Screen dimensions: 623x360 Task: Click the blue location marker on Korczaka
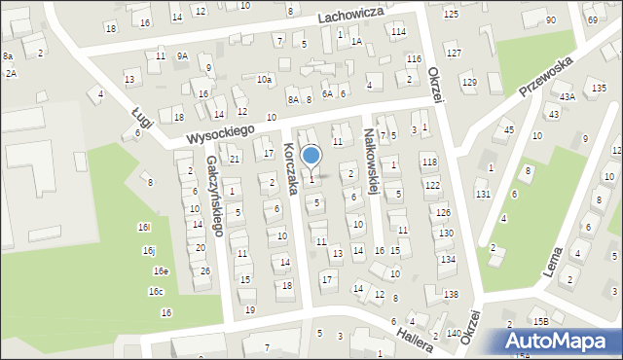click(311, 156)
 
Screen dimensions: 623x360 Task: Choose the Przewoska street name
click(545, 76)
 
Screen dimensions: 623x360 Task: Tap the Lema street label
click(563, 260)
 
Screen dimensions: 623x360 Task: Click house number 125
click(451, 14)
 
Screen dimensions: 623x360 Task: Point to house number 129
click(469, 82)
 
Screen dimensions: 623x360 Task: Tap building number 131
click(483, 195)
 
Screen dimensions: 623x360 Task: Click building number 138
click(451, 295)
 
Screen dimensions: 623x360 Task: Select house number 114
click(398, 32)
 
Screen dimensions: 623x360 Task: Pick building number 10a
click(264, 79)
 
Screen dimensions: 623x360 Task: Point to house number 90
click(551, 20)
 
